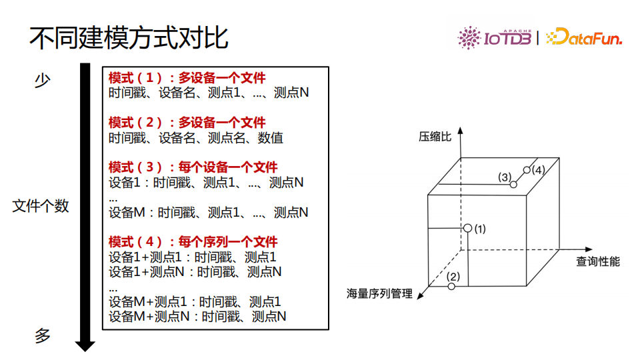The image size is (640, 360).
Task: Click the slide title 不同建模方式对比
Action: (x=128, y=39)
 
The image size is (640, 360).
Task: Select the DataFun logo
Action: (x=584, y=38)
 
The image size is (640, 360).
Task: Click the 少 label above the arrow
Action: (x=43, y=81)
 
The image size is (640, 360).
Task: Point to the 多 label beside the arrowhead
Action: (x=43, y=335)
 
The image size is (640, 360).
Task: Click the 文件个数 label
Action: (x=41, y=206)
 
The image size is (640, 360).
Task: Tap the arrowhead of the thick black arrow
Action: (x=85, y=345)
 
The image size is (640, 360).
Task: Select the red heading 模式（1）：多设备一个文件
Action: (x=187, y=78)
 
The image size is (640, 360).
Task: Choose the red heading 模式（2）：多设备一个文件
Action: (x=187, y=123)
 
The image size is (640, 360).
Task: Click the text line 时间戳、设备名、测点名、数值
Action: (x=196, y=138)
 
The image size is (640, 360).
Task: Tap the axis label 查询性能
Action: (x=598, y=261)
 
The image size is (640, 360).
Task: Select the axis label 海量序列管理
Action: (x=379, y=293)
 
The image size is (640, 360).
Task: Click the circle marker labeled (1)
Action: (x=467, y=228)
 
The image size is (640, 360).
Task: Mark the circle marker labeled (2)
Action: (x=451, y=286)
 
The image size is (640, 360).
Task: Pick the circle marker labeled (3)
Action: (x=513, y=184)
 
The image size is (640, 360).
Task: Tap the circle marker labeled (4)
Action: (x=527, y=170)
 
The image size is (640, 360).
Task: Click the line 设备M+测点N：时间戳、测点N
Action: (x=197, y=317)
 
